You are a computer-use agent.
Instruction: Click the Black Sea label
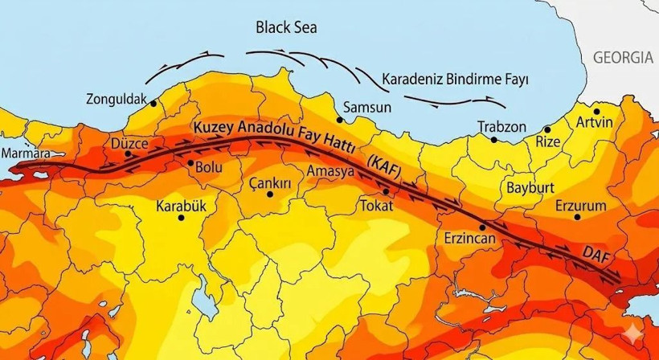point(286,28)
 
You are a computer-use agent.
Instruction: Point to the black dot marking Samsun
point(340,120)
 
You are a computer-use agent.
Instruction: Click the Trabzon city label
point(501,127)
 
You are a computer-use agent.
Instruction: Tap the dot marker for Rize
point(547,129)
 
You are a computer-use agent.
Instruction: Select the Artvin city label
point(595,123)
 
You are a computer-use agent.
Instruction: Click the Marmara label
point(26,153)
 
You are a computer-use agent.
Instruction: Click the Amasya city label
point(330,170)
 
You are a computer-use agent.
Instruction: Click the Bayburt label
point(529,187)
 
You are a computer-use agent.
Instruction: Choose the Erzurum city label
point(580,207)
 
